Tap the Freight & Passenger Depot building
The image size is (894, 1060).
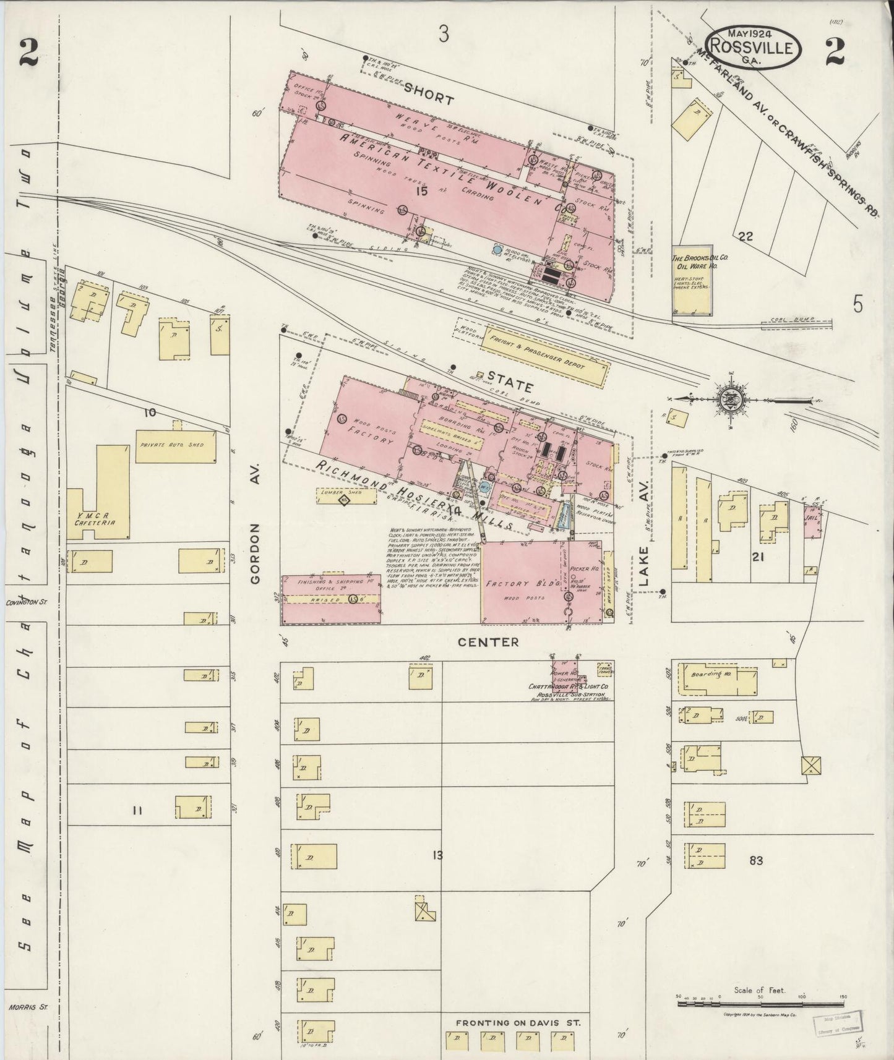pyautogui.click(x=536, y=354)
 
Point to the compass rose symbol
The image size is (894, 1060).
pyautogui.click(x=731, y=398)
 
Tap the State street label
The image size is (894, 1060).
pyautogui.click(x=509, y=387)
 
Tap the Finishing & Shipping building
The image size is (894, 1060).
pyautogui.click(x=331, y=599)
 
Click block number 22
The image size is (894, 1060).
pyautogui.click(x=745, y=236)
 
